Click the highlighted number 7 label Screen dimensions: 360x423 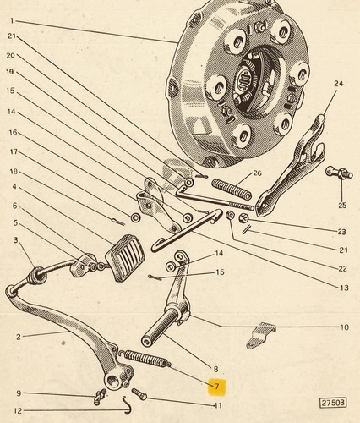coord(216,386)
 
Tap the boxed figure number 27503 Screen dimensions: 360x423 coord(334,403)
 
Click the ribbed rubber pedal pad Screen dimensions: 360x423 coord(125,257)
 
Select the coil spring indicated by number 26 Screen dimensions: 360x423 coord(232,190)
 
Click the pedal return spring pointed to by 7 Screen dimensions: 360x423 coord(145,359)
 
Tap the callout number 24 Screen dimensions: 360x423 coord(339,84)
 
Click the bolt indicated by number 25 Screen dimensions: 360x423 coord(339,173)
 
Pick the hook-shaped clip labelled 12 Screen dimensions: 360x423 coord(127,404)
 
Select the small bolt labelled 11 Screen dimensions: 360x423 coord(139,393)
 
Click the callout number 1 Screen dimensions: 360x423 coord(12,20)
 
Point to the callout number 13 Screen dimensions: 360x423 coord(344,288)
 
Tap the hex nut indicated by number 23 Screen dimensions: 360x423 coord(243,218)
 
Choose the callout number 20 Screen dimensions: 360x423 coord(11,56)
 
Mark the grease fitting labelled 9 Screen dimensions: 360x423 coord(100,396)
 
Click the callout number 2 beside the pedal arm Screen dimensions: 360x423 coord(19,337)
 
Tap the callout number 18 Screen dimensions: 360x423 coord(14,171)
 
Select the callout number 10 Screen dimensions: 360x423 coord(345,327)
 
